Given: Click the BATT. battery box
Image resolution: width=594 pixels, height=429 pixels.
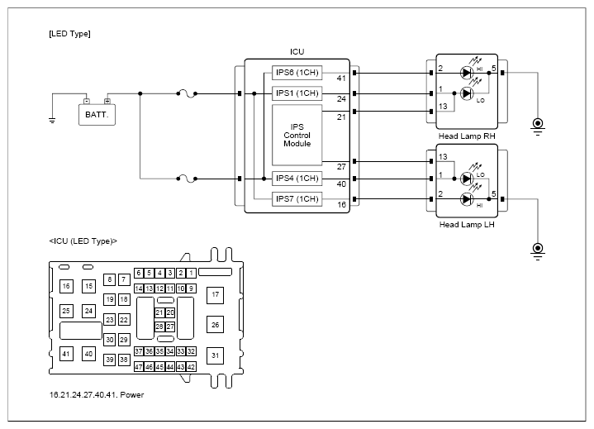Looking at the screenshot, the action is tap(97, 114).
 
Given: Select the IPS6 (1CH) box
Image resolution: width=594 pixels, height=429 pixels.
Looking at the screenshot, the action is tap(297, 73).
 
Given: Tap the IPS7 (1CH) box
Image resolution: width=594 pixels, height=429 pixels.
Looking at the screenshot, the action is tap(297, 199).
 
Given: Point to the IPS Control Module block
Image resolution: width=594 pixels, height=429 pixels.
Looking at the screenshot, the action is tap(297, 136).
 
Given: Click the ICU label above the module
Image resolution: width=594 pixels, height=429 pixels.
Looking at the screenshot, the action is tap(297, 51).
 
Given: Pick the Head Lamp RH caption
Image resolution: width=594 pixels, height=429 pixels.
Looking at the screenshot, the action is tap(467, 136).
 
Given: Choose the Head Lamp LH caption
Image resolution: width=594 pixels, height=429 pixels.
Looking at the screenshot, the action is tap(467, 224).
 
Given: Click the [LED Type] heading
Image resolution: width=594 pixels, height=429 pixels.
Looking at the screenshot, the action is tap(69, 34).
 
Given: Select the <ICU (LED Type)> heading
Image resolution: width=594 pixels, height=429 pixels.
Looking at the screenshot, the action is tap(83, 241).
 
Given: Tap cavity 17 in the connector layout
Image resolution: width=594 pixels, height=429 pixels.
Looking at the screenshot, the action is tap(215, 295).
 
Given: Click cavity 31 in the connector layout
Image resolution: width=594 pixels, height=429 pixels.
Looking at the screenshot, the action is tap(215, 355).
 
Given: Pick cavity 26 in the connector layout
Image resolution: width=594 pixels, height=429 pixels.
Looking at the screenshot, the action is tap(215, 325).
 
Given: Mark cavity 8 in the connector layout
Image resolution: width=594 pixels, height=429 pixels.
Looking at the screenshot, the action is tap(110, 279).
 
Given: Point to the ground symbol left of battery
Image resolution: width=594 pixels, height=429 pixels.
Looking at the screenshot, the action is tap(52, 121).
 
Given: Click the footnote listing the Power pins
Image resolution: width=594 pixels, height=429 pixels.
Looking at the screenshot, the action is tap(97, 395).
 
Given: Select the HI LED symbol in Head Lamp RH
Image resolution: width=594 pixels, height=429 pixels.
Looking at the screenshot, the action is tap(467, 73).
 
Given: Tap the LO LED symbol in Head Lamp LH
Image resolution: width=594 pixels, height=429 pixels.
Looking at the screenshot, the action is tap(467, 179).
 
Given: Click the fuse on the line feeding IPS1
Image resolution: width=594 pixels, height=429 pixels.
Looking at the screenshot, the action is tap(187, 93).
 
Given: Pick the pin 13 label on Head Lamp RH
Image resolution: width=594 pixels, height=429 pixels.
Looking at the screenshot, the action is tap(443, 107).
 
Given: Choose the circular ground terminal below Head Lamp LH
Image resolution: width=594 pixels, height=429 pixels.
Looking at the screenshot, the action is tap(538, 249).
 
